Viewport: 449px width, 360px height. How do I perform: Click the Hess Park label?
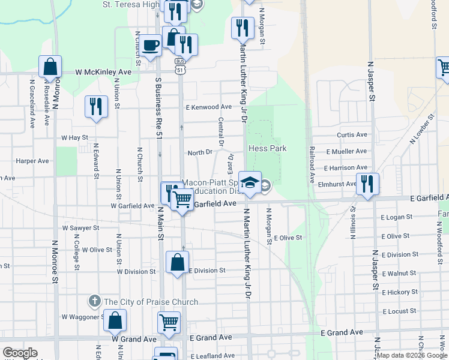pos(267,148)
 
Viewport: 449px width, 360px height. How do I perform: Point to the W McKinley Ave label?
pos(103,72)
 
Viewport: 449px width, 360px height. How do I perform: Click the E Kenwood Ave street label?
pos(208,107)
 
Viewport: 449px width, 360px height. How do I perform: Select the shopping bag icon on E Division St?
pos(177,262)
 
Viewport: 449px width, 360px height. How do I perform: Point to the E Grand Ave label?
pos(342,332)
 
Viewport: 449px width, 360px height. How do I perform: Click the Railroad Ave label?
pos(312,164)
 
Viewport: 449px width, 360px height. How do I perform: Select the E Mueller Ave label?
pos(346,151)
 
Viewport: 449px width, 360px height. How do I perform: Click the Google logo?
pos(20,353)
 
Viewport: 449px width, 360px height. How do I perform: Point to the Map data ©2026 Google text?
pos(412,355)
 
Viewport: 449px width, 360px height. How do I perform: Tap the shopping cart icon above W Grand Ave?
pos(169,322)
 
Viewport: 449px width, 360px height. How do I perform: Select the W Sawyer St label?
pos(80,228)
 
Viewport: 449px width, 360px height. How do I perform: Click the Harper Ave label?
pos(32,161)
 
